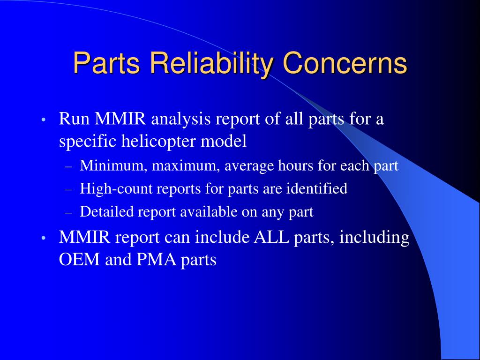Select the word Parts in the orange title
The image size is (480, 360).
(x=106, y=63)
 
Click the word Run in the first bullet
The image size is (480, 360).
(x=74, y=119)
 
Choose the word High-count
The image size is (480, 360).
(x=116, y=189)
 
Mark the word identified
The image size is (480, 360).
(x=317, y=188)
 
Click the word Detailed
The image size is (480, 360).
(x=107, y=211)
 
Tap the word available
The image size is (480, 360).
(x=209, y=211)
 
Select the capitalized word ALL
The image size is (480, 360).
(x=271, y=237)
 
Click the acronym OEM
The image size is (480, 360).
(x=79, y=260)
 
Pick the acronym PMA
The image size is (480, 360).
(x=157, y=260)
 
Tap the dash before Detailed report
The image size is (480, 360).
(x=68, y=213)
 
